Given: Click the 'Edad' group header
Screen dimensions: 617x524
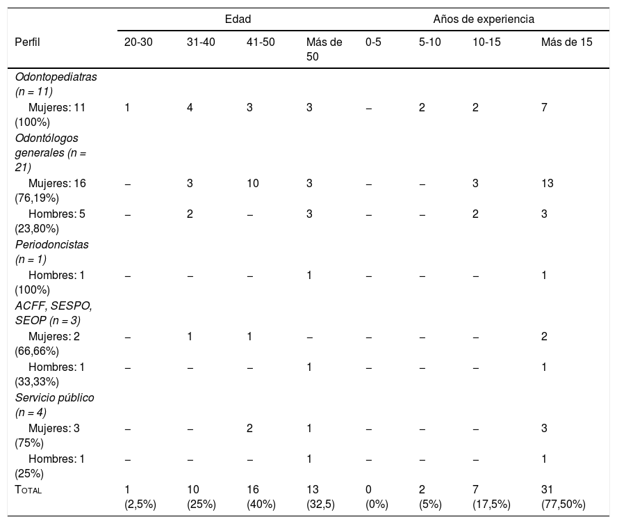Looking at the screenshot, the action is click(238, 19).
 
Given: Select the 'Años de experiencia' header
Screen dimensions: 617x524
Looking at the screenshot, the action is click(484, 19).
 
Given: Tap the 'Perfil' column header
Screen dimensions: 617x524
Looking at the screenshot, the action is click(27, 42).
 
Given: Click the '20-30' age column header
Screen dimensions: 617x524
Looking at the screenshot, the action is click(138, 42).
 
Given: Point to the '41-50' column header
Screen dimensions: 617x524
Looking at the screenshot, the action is click(261, 42).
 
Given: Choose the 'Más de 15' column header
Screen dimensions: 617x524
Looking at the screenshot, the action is click(567, 42).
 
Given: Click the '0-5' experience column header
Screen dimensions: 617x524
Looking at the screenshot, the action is click(373, 42).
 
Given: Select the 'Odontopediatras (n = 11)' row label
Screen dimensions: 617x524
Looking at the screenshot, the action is click(56, 84).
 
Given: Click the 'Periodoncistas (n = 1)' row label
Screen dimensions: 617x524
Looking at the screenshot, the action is click(52, 252).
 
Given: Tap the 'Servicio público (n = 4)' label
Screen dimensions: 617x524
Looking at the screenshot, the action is click(55, 404).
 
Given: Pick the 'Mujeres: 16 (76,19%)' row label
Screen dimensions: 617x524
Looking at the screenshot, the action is click(50, 190).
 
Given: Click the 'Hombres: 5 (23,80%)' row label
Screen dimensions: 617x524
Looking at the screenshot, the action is click(50, 221).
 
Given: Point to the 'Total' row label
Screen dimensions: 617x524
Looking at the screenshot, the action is click(28, 489).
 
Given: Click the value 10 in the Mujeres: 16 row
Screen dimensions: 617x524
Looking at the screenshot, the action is click(253, 183).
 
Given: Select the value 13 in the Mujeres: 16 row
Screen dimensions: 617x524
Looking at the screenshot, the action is click(548, 183).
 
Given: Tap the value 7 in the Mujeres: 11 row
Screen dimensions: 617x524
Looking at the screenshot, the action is click(544, 107).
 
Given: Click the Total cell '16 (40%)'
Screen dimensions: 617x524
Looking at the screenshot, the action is click(261, 497).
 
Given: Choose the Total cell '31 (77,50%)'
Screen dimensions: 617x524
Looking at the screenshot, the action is click(563, 497).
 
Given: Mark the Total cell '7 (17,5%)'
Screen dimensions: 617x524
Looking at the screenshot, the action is click(491, 497).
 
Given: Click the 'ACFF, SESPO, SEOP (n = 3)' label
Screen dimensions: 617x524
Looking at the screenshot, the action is click(54, 313).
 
